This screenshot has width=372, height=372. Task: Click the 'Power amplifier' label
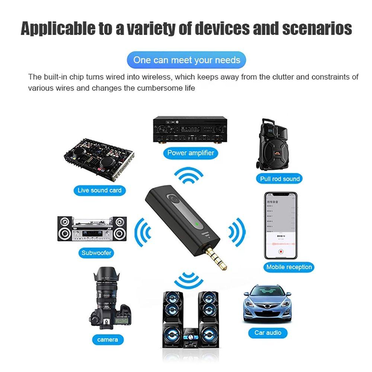[x=190, y=153]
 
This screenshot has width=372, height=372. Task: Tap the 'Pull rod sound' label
[x=280, y=179]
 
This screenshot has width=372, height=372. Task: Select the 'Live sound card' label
[x=99, y=190]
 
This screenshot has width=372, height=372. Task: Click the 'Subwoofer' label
[x=97, y=253]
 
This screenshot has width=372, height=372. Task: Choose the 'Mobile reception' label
[x=289, y=267]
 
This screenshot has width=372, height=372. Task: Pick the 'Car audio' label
[x=268, y=332]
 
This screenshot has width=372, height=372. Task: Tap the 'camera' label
[x=108, y=339]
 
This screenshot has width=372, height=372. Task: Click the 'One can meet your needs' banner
[x=187, y=60]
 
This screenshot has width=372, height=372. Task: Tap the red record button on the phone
[x=280, y=251]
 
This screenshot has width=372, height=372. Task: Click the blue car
[x=267, y=303]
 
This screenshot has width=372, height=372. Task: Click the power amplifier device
[x=190, y=131]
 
